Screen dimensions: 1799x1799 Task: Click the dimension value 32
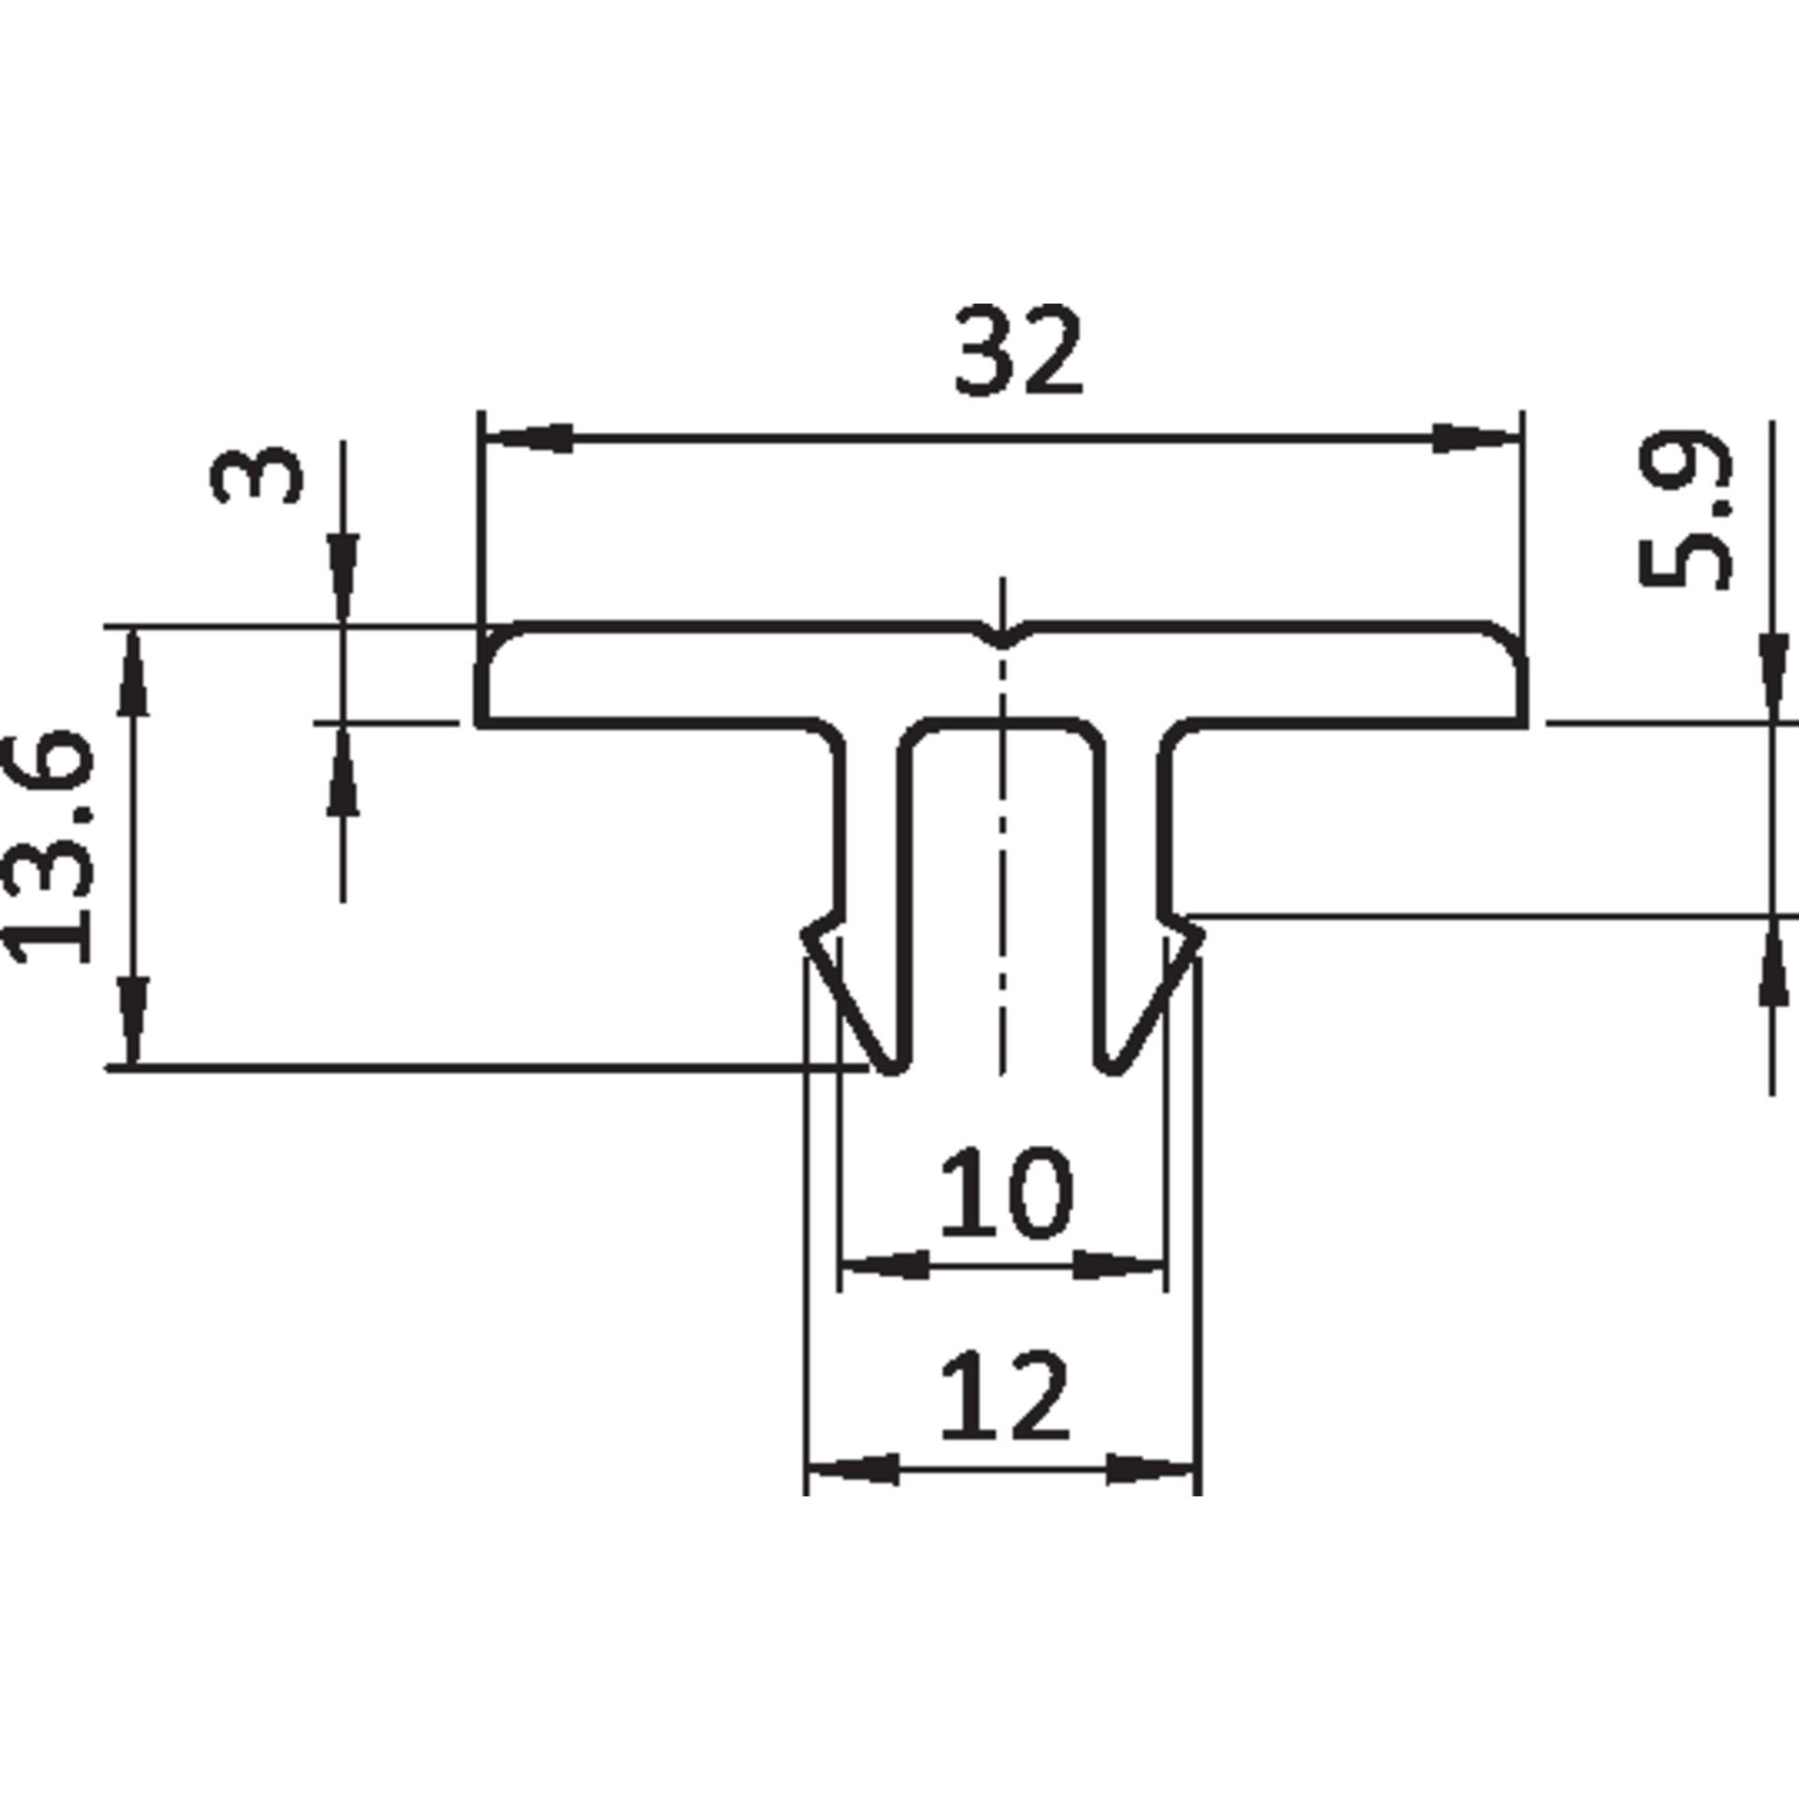tap(1018, 349)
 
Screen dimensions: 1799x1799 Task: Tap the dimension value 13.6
tap(49, 848)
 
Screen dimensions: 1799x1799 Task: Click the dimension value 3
tap(257, 474)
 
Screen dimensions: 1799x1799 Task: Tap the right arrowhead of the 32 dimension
tap(1475, 438)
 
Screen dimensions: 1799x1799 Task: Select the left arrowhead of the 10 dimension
tap(885, 1265)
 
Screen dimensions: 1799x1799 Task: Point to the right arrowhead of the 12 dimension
tap(1151, 1470)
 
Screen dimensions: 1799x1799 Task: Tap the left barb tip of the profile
tap(804, 933)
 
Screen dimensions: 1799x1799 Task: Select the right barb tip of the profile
tap(1202, 932)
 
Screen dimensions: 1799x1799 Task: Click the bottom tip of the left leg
tap(893, 1069)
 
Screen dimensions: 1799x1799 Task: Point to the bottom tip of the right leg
tap(1112, 1069)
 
